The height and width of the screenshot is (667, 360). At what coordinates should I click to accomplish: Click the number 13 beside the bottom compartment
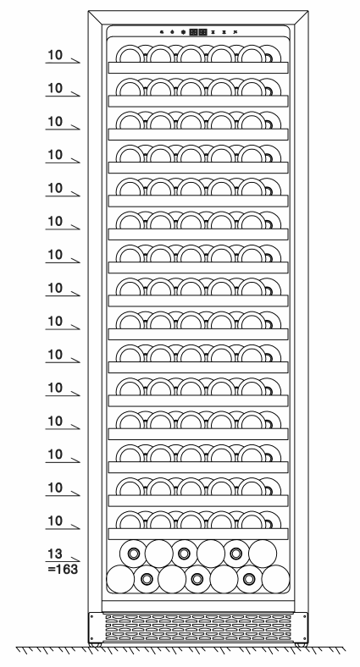tap(54, 554)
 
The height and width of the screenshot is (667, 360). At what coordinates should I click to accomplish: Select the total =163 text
tap(63, 569)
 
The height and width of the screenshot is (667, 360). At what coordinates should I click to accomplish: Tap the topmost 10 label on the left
tap(54, 55)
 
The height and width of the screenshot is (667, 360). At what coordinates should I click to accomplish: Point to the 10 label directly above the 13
tap(54, 521)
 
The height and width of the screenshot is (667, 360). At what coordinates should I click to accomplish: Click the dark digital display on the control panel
tap(198, 32)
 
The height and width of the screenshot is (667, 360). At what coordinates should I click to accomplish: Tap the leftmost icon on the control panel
tap(162, 32)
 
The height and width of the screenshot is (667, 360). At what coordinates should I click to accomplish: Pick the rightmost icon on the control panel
tap(235, 32)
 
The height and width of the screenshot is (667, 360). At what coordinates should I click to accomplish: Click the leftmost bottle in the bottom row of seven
tap(120, 579)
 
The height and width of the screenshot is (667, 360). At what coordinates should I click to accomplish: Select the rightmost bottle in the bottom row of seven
tap(276, 579)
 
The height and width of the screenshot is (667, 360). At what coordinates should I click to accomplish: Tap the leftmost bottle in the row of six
tap(133, 554)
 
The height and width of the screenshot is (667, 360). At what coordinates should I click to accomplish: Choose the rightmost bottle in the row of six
tap(263, 554)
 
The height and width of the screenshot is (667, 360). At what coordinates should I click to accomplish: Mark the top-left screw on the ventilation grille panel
tap(92, 616)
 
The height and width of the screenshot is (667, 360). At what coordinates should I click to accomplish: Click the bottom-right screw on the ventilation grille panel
tap(305, 639)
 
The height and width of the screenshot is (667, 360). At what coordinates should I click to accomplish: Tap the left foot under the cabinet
tap(96, 645)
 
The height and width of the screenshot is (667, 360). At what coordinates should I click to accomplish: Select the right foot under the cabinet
tap(301, 645)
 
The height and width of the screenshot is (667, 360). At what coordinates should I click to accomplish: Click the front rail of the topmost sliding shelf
tap(198, 68)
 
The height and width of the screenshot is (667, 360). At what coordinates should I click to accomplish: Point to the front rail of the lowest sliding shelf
tap(198, 534)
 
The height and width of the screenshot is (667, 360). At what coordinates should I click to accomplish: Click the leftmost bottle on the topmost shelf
tap(130, 54)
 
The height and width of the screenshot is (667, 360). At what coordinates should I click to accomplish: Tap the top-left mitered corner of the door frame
tap(96, 18)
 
